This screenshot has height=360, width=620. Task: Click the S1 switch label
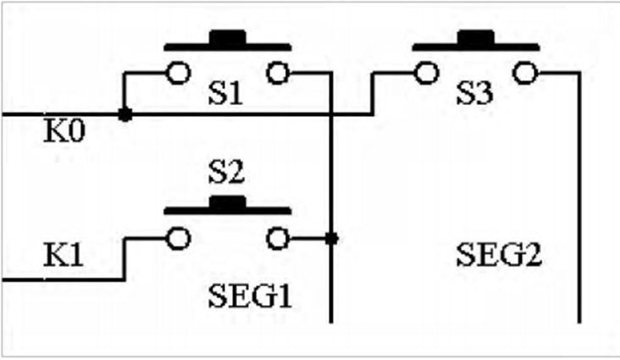225,93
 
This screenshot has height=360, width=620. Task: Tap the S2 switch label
226,173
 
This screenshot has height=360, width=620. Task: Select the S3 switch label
474,93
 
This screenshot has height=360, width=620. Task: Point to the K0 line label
64,131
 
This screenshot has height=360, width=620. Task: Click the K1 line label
64,255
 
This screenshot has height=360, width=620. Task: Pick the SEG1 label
250,296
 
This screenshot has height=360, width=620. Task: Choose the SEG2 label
499,255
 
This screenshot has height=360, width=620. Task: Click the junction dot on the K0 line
125,114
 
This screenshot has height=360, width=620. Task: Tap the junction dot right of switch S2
331,239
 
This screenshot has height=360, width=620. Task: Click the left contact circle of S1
179,73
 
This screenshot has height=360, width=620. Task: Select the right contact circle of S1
278,73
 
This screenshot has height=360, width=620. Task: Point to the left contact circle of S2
179,239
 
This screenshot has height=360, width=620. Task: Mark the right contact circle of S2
278,239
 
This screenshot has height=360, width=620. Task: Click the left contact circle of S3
427,73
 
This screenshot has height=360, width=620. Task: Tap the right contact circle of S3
525,73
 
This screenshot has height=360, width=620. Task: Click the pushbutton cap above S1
228,41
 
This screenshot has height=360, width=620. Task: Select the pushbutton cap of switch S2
228,205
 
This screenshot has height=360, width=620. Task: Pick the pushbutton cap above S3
476,41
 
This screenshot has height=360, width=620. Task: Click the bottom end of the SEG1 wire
331,323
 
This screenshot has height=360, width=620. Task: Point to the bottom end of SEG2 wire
579,323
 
